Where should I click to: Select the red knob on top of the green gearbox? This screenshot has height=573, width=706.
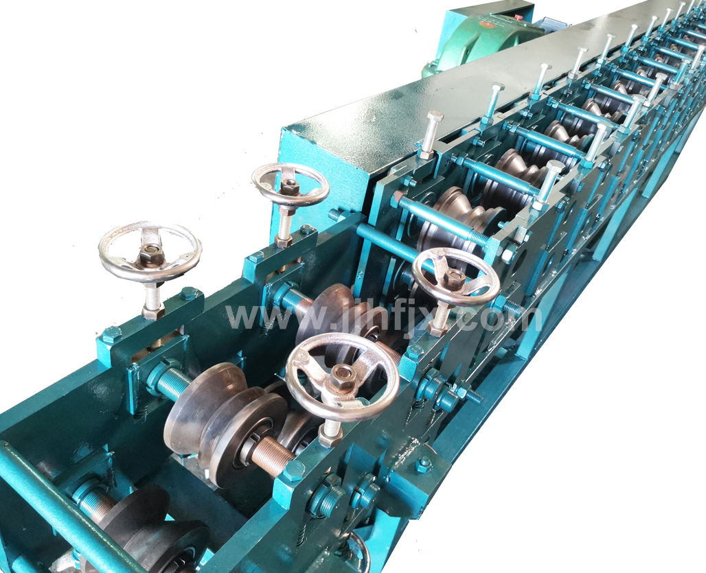click(x=518, y=16)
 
